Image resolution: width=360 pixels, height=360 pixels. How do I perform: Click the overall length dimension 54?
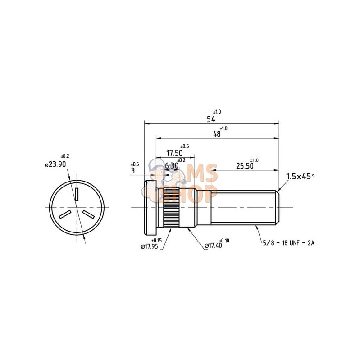pos(211,119)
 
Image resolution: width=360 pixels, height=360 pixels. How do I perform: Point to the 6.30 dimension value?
pos(172,166)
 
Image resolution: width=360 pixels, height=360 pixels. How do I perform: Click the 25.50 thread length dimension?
pos(245,166)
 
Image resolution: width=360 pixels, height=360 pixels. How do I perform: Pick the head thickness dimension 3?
pos(133,171)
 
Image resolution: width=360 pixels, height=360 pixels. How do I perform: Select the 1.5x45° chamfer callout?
pos(300,176)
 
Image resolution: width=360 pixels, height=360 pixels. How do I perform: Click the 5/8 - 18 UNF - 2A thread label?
pos(288,243)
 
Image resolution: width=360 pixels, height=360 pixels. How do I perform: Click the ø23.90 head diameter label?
pos(55,164)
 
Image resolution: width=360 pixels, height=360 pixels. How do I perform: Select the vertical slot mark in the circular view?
pos(77,194)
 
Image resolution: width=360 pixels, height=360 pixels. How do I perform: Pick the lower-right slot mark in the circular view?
pos(88,213)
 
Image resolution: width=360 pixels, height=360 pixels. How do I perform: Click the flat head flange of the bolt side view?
pos(150,207)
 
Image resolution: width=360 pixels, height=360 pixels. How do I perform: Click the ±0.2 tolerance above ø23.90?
pos(65,156)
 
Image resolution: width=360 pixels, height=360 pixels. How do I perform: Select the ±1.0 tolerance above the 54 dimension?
pos(217,112)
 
